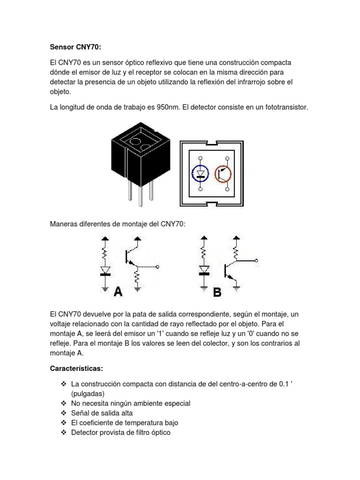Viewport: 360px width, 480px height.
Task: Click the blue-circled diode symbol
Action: click(x=200, y=174)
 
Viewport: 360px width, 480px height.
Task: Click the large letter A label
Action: click(x=118, y=292)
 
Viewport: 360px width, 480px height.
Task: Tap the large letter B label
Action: click(x=217, y=292)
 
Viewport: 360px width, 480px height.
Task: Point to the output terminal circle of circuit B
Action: click(x=256, y=261)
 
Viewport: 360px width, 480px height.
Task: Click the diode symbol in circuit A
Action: click(x=105, y=270)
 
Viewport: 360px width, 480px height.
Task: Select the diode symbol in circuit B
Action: click(x=204, y=270)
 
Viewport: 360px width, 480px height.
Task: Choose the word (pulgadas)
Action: click(x=88, y=393)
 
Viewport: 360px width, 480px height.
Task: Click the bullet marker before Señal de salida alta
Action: click(x=64, y=413)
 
